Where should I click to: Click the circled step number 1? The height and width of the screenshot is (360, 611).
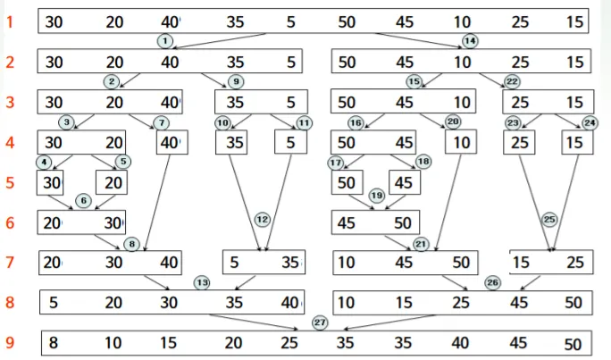pos(164,40)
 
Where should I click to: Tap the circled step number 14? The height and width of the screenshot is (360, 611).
pos(470,40)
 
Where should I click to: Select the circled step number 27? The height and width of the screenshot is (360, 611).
pos(320,322)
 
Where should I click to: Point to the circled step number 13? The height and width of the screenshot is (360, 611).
pos(202,282)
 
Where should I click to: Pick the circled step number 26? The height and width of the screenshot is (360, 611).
pos(492,282)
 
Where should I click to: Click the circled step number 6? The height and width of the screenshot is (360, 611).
pos(83,201)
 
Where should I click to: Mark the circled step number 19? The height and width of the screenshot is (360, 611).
pos(377,196)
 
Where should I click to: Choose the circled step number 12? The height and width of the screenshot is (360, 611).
pos(262,219)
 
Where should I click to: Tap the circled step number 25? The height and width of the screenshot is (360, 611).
pos(549,219)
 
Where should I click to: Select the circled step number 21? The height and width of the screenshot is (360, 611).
pos(421,243)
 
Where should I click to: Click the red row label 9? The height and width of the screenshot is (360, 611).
pos(10,343)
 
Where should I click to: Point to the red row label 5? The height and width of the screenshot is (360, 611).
pos(10,182)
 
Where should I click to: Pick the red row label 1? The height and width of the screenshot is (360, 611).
pos(10,21)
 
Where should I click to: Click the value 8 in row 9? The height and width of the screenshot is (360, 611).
pos(54,343)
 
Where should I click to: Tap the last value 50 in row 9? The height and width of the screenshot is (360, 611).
pos(573,345)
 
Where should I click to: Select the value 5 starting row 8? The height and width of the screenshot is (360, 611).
pos(54,303)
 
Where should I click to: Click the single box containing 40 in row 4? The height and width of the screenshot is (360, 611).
pos(170,142)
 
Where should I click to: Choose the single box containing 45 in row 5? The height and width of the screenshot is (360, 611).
pos(405,182)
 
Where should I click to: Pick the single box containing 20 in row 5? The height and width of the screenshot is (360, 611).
pos(111,182)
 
